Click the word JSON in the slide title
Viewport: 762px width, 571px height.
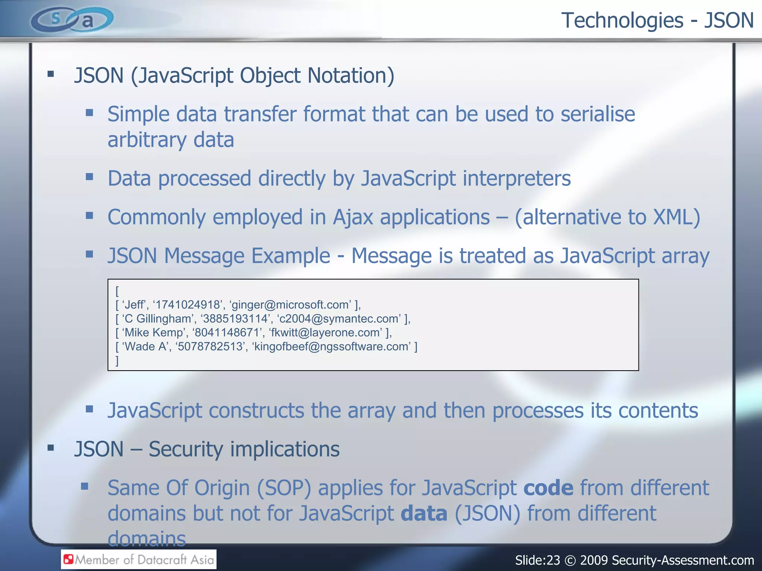(x=729, y=20)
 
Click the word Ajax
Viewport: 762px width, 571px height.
(x=353, y=217)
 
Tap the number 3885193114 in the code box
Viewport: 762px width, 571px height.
(x=235, y=319)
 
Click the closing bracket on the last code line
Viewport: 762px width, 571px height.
(x=117, y=360)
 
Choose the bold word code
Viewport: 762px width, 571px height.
(x=548, y=488)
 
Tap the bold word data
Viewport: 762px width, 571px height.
(x=424, y=513)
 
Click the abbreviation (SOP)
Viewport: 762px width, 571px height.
(x=284, y=488)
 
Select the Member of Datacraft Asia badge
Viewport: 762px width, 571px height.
(x=139, y=559)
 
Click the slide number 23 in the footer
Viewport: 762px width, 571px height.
(x=553, y=560)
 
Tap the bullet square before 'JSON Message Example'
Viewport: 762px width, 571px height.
(x=89, y=255)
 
